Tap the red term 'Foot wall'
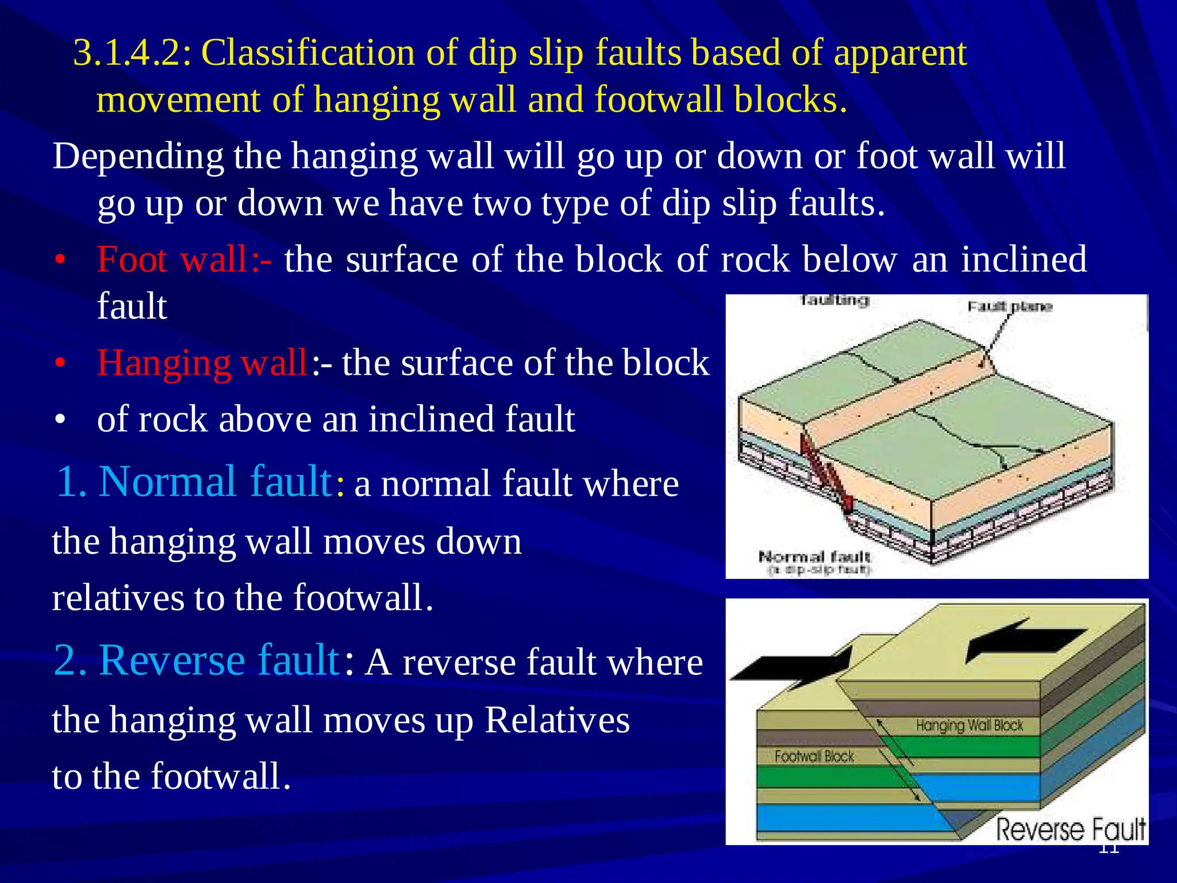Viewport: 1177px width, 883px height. pos(172,260)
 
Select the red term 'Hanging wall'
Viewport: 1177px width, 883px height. pos(202,363)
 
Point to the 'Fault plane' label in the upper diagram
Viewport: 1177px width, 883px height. pos(1010,306)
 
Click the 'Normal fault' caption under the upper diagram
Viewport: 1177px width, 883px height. pos(814,556)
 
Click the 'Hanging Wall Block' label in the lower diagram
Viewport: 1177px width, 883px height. pos(969,725)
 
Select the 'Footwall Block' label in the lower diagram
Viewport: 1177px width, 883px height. pos(814,757)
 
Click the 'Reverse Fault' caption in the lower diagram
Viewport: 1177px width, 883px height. pos(1070,830)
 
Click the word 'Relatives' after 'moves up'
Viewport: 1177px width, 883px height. pos(557,720)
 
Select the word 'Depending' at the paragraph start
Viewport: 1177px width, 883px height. pos(138,156)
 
